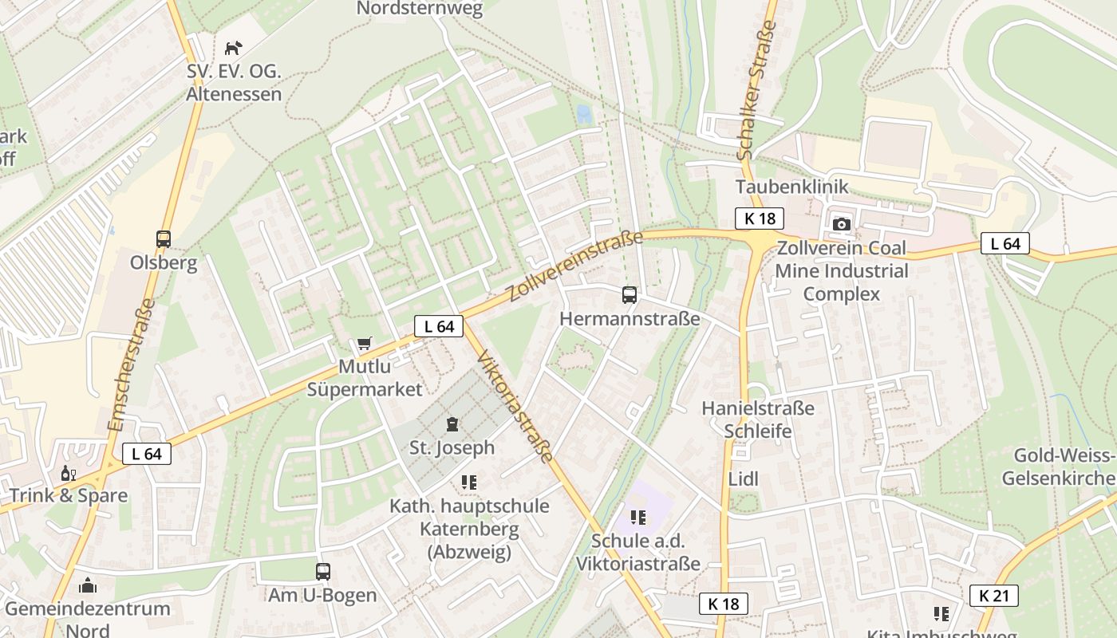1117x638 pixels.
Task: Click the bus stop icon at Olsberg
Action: tap(164, 238)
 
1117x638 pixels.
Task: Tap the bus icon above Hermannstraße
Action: tap(630, 295)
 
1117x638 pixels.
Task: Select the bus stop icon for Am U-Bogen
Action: tap(322, 571)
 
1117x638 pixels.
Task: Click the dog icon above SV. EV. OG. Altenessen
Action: tap(233, 48)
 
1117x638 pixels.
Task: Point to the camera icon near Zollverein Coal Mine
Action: tap(841, 224)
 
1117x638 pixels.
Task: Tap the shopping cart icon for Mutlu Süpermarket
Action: tap(364, 344)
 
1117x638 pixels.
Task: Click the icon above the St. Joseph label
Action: tap(452, 423)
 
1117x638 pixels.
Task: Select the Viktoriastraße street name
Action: tap(515, 406)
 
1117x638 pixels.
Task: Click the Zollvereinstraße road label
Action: tap(574, 266)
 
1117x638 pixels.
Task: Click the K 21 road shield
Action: tap(994, 595)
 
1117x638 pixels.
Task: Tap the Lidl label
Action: tap(743, 478)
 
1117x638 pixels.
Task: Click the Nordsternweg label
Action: tap(420, 9)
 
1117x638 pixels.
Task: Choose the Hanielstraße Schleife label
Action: tap(758, 419)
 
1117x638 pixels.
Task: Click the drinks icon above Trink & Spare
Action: tap(69, 474)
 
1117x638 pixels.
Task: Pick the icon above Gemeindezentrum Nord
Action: tap(88, 585)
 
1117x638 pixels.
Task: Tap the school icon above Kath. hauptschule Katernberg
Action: tap(468, 482)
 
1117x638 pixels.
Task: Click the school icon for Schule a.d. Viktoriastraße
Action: tap(637, 518)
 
